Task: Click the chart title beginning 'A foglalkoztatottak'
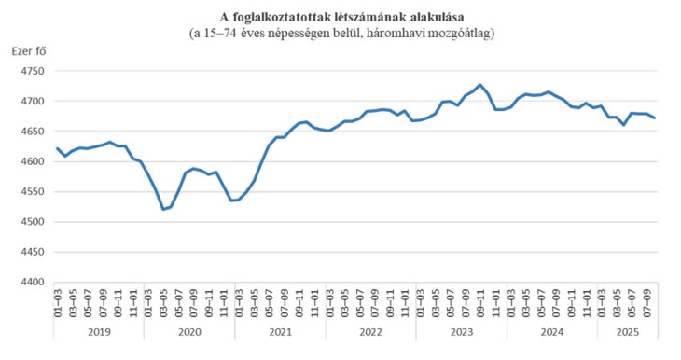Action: point(341,17)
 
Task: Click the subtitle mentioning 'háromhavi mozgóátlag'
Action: point(341,33)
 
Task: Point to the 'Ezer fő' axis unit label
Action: point(28,51)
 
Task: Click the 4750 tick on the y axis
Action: point(31,71)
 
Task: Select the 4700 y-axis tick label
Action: point(31,102)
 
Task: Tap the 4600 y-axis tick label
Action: point(31,162)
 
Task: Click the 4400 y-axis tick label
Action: point(31,283)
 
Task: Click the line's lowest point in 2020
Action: point(163,209)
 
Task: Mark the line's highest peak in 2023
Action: point(480,85)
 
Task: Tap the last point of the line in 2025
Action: point(654,118)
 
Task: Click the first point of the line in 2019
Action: point(58,148)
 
